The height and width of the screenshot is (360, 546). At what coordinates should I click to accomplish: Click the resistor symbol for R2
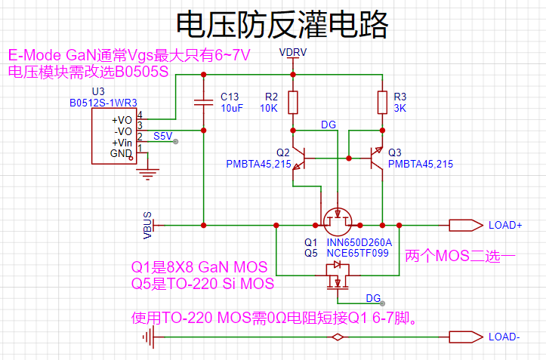coord(293,103)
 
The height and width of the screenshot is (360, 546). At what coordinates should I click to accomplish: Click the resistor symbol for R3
coord(382,103)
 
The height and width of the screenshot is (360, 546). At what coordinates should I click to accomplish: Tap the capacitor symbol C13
coord(203,103)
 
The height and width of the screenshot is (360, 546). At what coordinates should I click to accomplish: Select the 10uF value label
coord(232,108)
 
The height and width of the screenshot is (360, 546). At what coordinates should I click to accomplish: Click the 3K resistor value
coord(399,108)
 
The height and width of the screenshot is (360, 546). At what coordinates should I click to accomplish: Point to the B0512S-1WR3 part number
coord(103,103)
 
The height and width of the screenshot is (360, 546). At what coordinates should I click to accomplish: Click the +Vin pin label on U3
coord(122,143)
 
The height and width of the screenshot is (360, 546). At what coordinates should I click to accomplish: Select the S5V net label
coord(162,136)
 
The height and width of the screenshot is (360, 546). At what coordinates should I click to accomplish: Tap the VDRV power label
coord(293,52)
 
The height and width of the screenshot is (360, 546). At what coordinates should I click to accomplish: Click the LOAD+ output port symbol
coord(466,225)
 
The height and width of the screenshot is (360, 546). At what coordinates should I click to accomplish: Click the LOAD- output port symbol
coord(466,337)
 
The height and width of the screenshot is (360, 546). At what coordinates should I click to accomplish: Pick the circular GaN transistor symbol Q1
coord(338,222)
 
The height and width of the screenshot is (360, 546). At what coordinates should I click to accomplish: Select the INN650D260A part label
coord(359,242)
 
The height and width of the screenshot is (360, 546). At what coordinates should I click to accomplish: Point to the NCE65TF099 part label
coord(358,253)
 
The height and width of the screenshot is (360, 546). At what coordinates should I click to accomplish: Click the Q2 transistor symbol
coord(300,158)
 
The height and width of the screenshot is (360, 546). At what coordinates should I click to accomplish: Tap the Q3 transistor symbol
coord(376,158)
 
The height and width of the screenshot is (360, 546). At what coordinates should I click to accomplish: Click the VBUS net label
coord(148,225)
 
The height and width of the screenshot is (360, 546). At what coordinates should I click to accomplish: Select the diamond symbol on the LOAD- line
coord(338,337)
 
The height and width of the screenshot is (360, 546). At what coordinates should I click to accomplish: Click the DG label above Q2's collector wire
coord(329,125)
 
